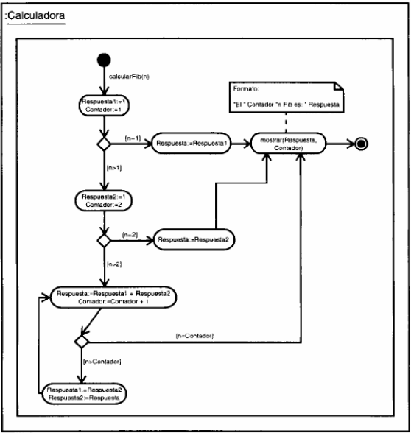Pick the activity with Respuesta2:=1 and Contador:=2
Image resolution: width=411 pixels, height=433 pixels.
[x=104, y=201]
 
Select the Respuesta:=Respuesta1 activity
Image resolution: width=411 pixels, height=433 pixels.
[x=189, y=144]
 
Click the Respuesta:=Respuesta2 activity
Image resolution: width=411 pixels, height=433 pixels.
[x=189, y=240]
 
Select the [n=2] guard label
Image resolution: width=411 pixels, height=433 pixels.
[x=130, y=234]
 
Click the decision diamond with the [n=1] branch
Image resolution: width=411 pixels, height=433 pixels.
[x=104, y=144]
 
